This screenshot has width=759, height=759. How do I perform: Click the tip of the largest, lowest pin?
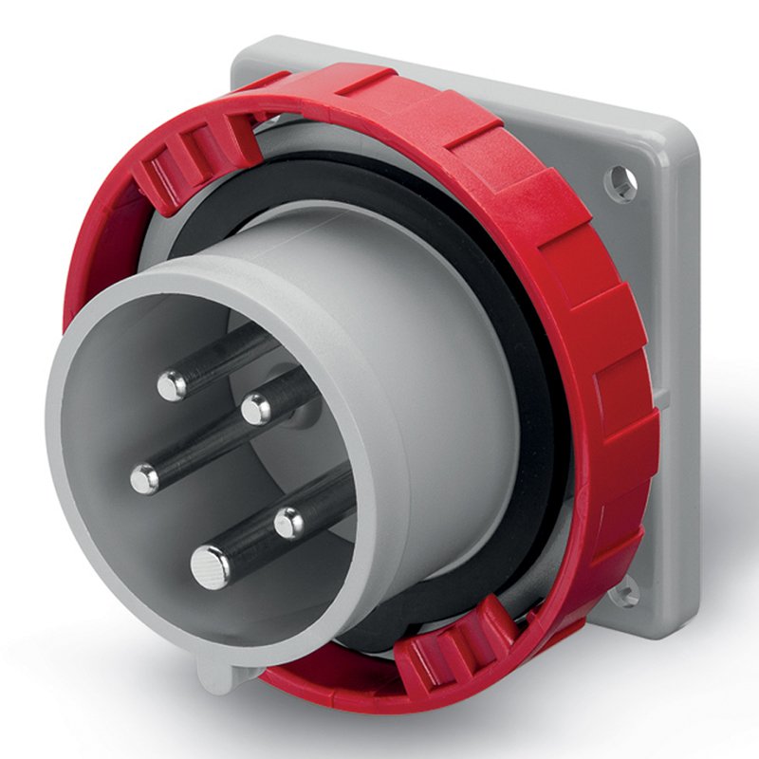point(210,567)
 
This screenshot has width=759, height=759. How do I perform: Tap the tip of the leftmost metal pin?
point(145,479)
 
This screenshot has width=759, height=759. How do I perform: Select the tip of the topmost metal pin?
point(172,384)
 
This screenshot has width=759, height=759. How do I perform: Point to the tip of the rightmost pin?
point(289,521)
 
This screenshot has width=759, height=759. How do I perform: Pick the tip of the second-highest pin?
point(256,409)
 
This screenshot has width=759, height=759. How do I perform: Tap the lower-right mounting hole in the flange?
point(623,595)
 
